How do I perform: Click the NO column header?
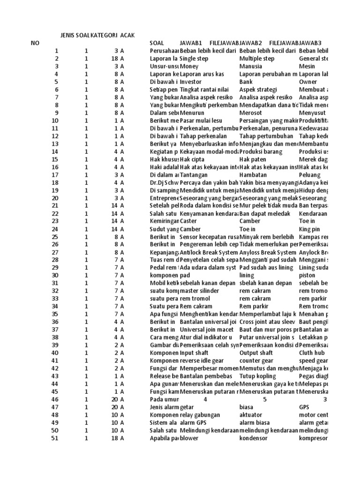tap(36, 43)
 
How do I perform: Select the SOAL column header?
tap(157, 43)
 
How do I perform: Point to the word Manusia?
tap(251, 67)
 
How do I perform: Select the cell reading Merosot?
tap(249, 112)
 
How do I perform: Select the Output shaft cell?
tap(256, 352)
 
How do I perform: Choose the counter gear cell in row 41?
tap(256, 360)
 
